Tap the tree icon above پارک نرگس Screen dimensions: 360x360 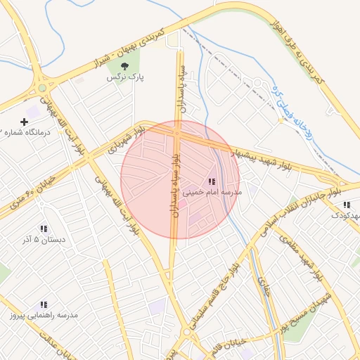pyautogui.click(x=124, y=67)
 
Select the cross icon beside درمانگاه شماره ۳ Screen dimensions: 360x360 pyautogui.click(x=24, y=122)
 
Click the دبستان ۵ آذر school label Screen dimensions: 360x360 pyautogui.click(x=44, y=239)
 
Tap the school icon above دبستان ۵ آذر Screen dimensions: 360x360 pyautogui.click(x=44, y=229)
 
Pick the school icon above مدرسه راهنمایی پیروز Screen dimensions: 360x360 pyautogui.click(x=44, y=305)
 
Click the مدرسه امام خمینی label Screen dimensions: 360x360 pyautogui.click(x=212, y=191)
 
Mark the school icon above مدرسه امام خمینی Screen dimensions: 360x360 pyautogui.click(x=212, y=181)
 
